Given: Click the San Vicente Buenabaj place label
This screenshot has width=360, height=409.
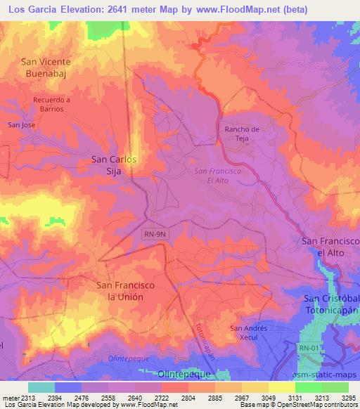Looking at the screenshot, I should point(46,67).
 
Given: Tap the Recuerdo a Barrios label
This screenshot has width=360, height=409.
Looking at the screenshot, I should point(52,105).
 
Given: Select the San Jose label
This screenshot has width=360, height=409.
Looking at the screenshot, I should point(21,125).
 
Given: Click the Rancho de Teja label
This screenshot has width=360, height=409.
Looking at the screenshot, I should point(242,134).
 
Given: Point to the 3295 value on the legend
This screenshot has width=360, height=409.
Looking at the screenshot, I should point(349,398).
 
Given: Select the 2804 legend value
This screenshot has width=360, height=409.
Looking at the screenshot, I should point(188,398).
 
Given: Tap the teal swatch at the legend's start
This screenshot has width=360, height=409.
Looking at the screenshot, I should point(41,387).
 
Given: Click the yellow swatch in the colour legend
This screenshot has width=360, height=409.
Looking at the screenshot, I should point(282,387).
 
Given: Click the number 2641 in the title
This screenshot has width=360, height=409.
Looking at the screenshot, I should point(120,9).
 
